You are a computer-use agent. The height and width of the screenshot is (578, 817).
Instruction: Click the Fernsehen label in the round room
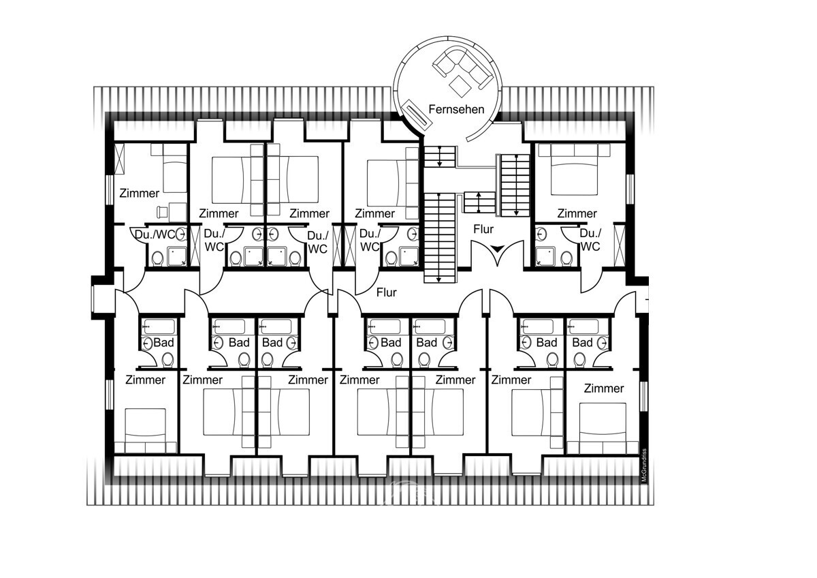456,109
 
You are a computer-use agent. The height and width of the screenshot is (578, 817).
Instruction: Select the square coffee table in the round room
460,85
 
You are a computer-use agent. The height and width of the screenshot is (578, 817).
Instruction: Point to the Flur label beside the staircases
483,229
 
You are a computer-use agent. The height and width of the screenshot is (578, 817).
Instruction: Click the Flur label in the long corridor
386,292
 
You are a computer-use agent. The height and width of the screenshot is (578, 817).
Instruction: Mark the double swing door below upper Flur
499,254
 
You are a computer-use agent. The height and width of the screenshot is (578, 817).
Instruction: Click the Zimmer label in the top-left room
139,194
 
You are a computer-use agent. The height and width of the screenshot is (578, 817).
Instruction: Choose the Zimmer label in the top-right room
577,213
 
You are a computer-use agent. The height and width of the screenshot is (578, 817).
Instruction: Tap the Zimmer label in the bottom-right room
604,389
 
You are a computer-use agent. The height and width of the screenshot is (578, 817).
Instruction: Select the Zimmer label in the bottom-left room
146,380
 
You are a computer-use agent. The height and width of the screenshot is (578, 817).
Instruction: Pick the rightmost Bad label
583,342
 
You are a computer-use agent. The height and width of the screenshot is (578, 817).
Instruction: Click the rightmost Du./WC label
590,239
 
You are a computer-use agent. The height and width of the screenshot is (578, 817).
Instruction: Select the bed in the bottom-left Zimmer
145,428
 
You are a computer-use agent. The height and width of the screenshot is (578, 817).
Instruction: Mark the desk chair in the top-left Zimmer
161,212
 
